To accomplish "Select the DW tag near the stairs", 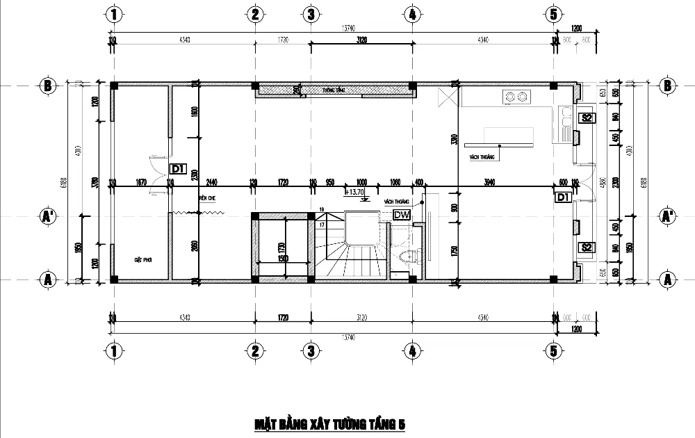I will click(x=401, y=216).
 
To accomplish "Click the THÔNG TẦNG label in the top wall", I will click(x=334, y=90).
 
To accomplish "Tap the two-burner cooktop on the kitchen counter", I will click(x=515, y=97).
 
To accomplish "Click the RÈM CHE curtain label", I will click(x=207, y=198).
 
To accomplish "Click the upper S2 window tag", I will click(x=587, y=117).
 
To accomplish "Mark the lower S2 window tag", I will click(x=587, y=248).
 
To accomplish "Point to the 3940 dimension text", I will click(x=491, y=182).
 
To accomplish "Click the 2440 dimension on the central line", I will click(x=211, y=182).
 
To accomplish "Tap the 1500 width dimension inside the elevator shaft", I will click(x=283, y=258).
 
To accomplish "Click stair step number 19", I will click(x=322, y=209).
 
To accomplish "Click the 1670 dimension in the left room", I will click(x=141, y=182).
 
